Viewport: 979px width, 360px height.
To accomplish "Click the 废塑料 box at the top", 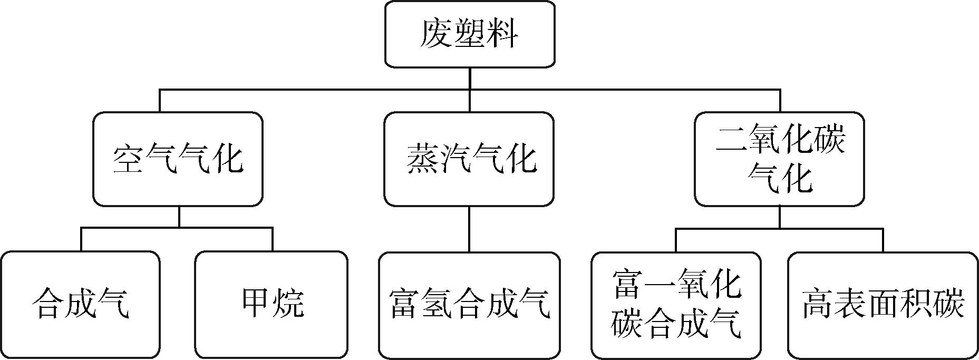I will click(469, 34).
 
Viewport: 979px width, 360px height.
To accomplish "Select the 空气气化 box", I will click(178, 159).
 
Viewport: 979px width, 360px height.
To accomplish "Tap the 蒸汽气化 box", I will click(469, 159).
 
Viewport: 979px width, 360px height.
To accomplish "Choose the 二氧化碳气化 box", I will click(779, 159).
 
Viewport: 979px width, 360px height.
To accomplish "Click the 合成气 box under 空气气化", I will click(80, 305).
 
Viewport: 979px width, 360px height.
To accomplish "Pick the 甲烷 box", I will click(271, 305).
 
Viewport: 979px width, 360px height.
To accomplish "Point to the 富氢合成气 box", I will click(469, 305).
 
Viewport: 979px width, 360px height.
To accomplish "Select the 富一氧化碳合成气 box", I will click(676, 305).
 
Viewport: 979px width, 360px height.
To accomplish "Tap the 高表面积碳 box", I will click(883, 305).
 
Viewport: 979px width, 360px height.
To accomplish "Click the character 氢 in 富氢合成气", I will click(437, 304).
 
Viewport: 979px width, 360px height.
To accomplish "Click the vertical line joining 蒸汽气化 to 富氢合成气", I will click(469, 229).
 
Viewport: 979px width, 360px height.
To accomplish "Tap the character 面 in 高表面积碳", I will click(884, 304).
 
